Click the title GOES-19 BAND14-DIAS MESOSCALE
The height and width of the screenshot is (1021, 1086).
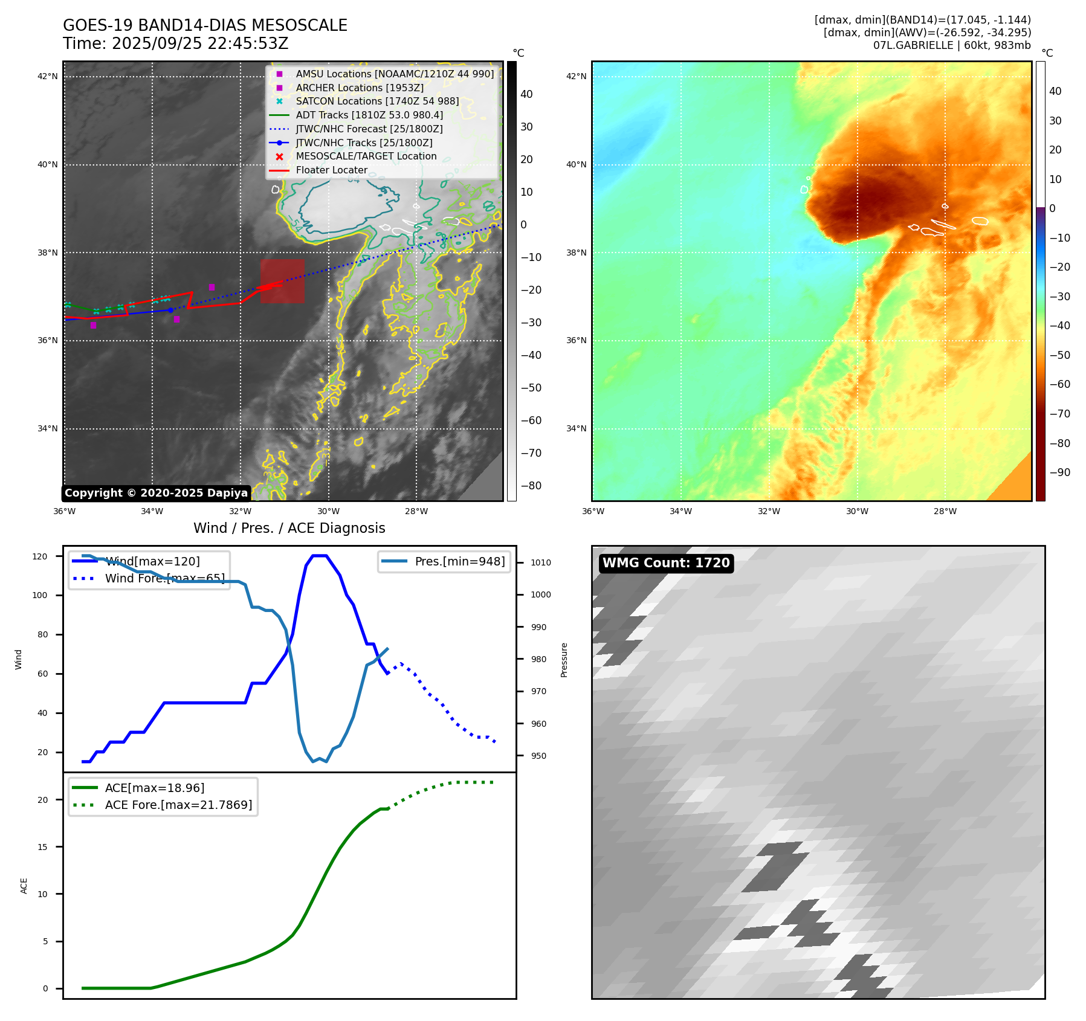pos(205,25)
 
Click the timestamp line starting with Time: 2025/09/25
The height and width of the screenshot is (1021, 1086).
pos(175,43)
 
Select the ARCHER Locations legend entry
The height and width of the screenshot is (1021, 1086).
pos(359,88)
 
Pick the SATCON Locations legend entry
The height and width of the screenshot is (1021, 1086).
pos(377,101)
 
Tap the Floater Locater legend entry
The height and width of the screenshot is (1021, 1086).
pos(331,170)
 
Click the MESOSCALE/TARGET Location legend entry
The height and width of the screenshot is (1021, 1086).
pos(366,156)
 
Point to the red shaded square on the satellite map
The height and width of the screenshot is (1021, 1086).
pos(282,281)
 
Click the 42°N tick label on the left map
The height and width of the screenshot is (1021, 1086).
pos(48,76)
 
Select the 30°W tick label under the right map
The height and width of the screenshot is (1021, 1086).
pos(857,511)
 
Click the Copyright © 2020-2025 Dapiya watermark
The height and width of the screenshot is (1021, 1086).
pos(156,493)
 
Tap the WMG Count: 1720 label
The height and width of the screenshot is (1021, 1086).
pos(666,563)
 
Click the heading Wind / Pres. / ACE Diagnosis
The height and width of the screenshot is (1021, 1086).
pos(289,528)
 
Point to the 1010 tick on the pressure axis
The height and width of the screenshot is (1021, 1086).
pos(540,562)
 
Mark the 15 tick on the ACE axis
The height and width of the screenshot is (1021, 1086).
pos(42,847)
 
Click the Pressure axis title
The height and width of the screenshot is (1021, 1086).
pos(564,660)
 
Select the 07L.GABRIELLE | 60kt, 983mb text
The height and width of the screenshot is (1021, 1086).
pos(951,45)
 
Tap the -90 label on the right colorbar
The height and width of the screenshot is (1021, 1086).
pos(1059,472)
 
